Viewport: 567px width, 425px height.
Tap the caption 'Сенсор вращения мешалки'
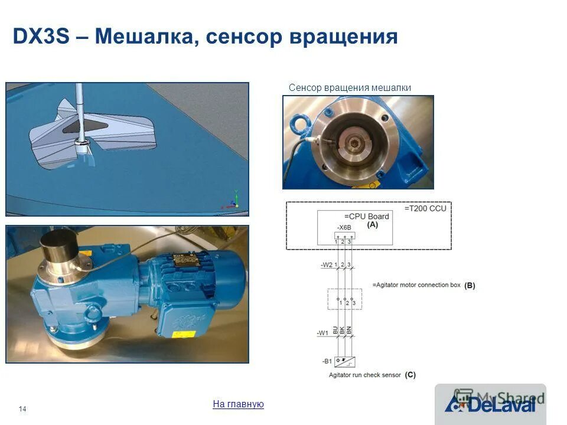tap(350, 88)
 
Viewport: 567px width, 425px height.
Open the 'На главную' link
tap(238, 404)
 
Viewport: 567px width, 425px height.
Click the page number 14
tap(23, 409)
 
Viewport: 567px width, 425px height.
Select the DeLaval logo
tap(490, 404)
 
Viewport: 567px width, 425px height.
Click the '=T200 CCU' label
tap(425, 208)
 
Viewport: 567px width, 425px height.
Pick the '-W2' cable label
tap(327, 265)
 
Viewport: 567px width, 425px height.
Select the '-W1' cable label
tap(322, 333)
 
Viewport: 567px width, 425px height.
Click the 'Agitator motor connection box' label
tap(416, 285)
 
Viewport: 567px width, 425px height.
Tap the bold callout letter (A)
tap(373, 225)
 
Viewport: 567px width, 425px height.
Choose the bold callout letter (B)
tap(470, 285)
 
